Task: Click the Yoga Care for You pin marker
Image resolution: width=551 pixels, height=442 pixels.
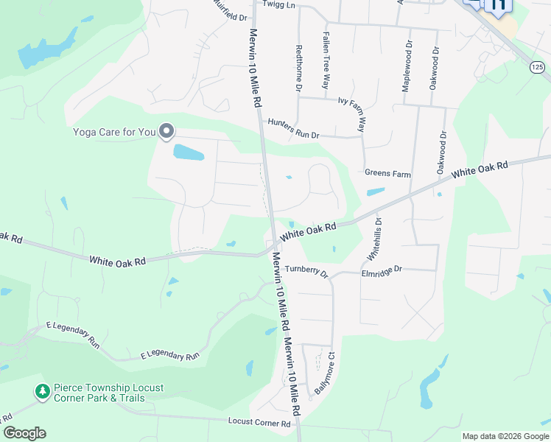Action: click(x=166, y=131)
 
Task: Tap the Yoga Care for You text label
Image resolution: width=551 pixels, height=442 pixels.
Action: click(x=114, y=133)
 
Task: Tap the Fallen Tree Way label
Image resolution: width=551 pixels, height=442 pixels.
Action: click(x=326, y=51)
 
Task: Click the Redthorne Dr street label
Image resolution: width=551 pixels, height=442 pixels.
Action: click(x=299, y=67)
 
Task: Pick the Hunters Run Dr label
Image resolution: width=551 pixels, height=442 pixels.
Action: click(x=293, y=129)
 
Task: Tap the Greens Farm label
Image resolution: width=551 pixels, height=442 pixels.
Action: click(x=387, y=173)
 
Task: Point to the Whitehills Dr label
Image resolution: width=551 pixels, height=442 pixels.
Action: click(x=373, y=239)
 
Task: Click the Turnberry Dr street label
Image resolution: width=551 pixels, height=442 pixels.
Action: click(x=306, y=270)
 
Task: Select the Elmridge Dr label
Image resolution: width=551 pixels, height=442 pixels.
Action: click(x=382, y=270)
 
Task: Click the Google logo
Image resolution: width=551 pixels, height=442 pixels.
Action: click(x=24, y=433)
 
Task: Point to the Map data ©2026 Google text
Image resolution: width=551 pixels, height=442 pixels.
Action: click(x=505, y=436)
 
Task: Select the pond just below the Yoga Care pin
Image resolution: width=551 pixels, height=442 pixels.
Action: click(x=188, y=153)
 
